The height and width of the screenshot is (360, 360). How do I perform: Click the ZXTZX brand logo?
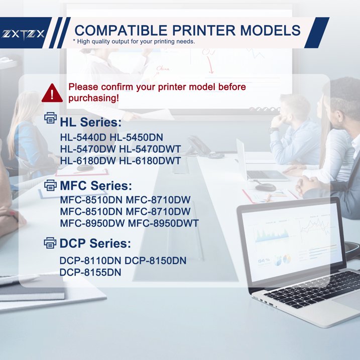click(24, 34)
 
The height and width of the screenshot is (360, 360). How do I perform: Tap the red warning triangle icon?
click(52, 92)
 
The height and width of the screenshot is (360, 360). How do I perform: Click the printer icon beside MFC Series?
click(51, 186)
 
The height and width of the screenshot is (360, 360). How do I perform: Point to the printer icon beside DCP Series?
click(51, 244)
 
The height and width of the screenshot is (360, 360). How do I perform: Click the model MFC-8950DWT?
click(164, 223)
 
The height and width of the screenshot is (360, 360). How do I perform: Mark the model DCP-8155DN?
click(90, 273)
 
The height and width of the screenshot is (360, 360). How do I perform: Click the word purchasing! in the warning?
click(94, 98)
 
